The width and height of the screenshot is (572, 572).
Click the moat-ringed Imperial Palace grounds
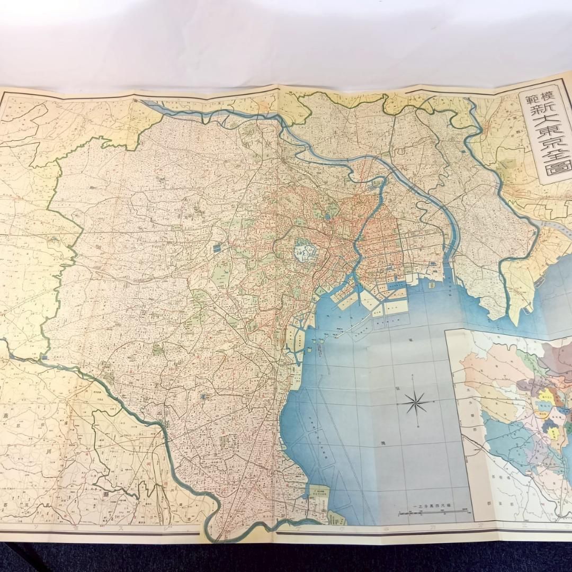(x=303, y=250)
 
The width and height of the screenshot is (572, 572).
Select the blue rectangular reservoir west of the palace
(x=217, y=247)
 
